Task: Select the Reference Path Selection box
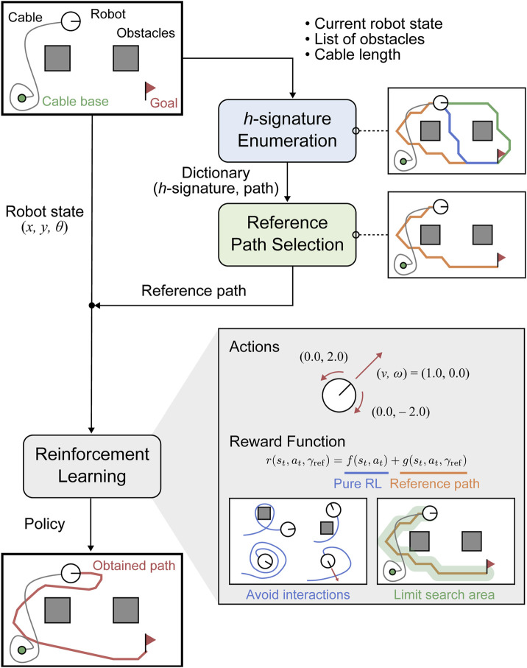tap(286, 235)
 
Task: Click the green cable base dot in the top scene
tap(22, 97)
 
